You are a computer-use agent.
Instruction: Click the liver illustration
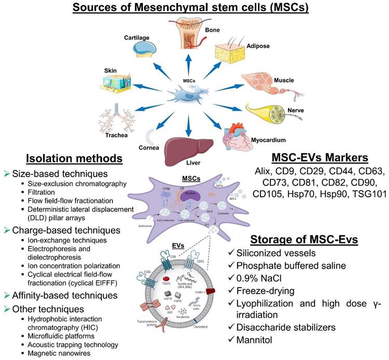tap(187, 147)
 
